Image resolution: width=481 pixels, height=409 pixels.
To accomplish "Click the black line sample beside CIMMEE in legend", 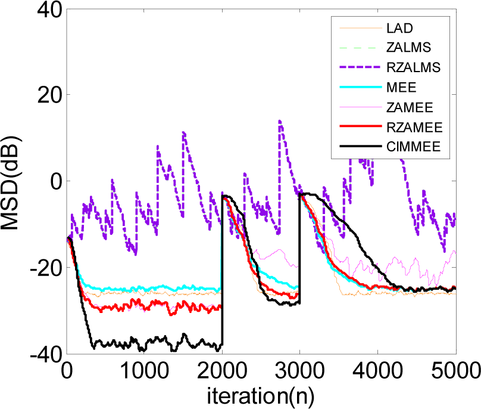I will pos(356,145).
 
